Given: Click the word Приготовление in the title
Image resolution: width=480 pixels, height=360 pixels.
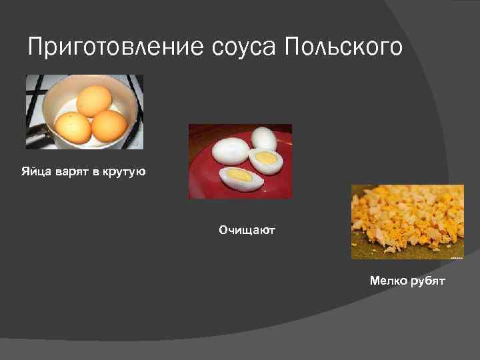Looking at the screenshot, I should point(116,48).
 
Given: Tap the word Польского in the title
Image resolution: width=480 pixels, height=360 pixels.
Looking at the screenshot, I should point(343,48).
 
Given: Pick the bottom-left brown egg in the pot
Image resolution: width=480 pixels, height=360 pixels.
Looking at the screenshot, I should point(73,127).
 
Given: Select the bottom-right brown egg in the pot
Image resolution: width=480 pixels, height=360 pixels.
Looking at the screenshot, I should point(109,126).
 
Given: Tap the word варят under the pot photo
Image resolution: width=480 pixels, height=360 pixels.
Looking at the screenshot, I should point(69,173).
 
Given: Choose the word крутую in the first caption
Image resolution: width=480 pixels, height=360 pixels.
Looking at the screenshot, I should point(123,173).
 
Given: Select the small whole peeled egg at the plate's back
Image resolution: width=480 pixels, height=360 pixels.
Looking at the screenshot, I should point(264,139).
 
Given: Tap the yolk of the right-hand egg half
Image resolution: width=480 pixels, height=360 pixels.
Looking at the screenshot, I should point(267,159).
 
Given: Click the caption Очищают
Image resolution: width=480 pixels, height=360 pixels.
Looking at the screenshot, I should point(247,230).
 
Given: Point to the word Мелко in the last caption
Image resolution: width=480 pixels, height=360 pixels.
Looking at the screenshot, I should point(387,281).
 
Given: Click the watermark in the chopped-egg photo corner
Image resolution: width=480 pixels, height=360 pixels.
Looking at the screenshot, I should point(456,256).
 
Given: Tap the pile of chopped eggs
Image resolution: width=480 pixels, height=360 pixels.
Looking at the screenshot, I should point(407,217).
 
